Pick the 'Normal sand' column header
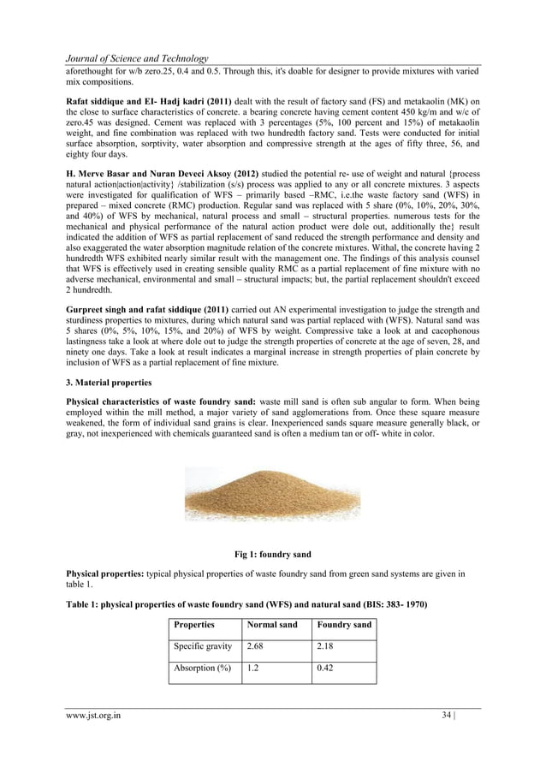tap(271, 625)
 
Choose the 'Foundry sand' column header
tap(343, 625)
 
